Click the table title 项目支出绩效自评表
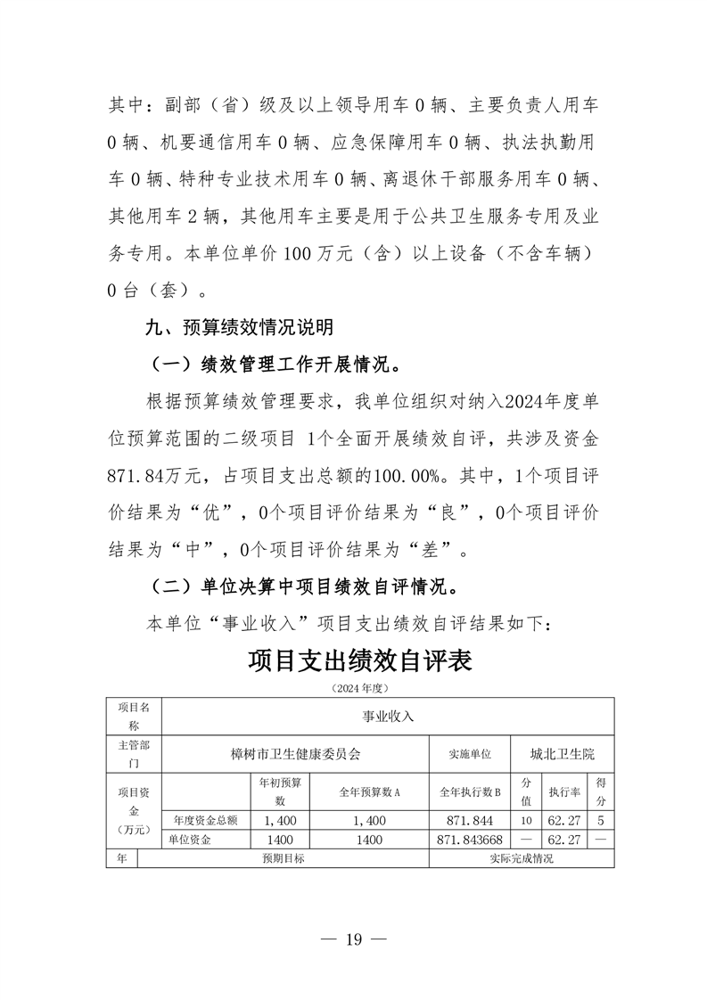point(359,662)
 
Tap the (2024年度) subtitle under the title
point(359,689)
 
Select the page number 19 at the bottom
point(354,940)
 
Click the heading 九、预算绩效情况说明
point(240,328)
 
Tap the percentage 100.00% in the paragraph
point(409,476)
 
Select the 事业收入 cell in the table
point(387,715)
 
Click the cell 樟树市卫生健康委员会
point(295,754)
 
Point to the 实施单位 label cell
point(469,754)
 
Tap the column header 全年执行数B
point(469,791)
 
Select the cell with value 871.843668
point(471,840)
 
